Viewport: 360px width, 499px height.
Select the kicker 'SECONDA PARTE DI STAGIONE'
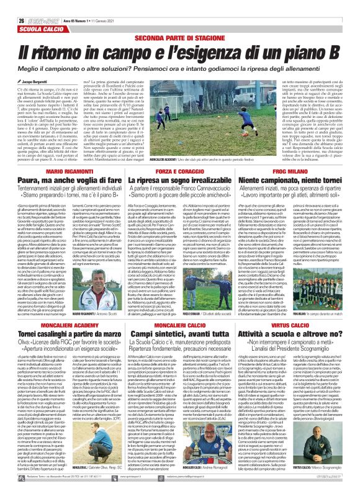tap(179, 38)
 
